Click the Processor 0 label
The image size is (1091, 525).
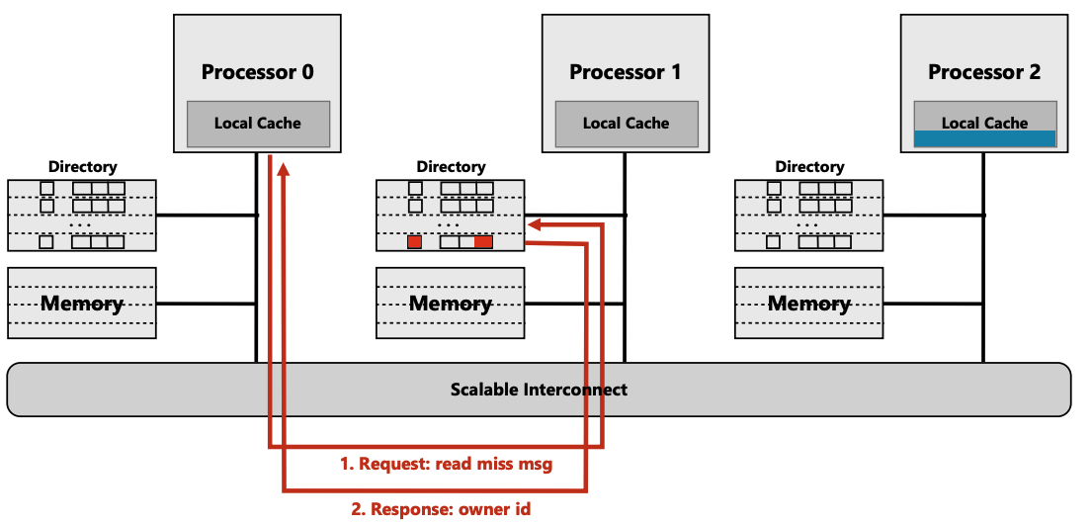click(258, 72)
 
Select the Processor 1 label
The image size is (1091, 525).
click(626, 72)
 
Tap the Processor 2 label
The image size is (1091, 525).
click(984, 72)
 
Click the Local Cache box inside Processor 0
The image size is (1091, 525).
click(258, 124)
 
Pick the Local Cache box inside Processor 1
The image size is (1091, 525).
click(627, 124)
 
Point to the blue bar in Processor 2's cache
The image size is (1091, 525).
click(984, 139)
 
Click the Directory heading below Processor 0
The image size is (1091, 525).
click(82, 167)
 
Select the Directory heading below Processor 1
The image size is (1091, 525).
click(451, 167)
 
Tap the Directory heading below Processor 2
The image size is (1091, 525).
click(809, 167)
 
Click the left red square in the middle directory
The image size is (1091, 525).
click(415, 242)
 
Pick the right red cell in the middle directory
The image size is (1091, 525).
click(483, 242)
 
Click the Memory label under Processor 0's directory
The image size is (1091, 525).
click(82, 304)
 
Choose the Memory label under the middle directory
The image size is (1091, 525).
click(451, 304)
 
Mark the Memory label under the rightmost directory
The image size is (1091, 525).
click(809, 304)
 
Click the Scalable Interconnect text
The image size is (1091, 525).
click(539, 390)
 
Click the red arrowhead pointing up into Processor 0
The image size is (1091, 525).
click(284, 170)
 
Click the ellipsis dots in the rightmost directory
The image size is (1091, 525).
click(809, 224)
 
